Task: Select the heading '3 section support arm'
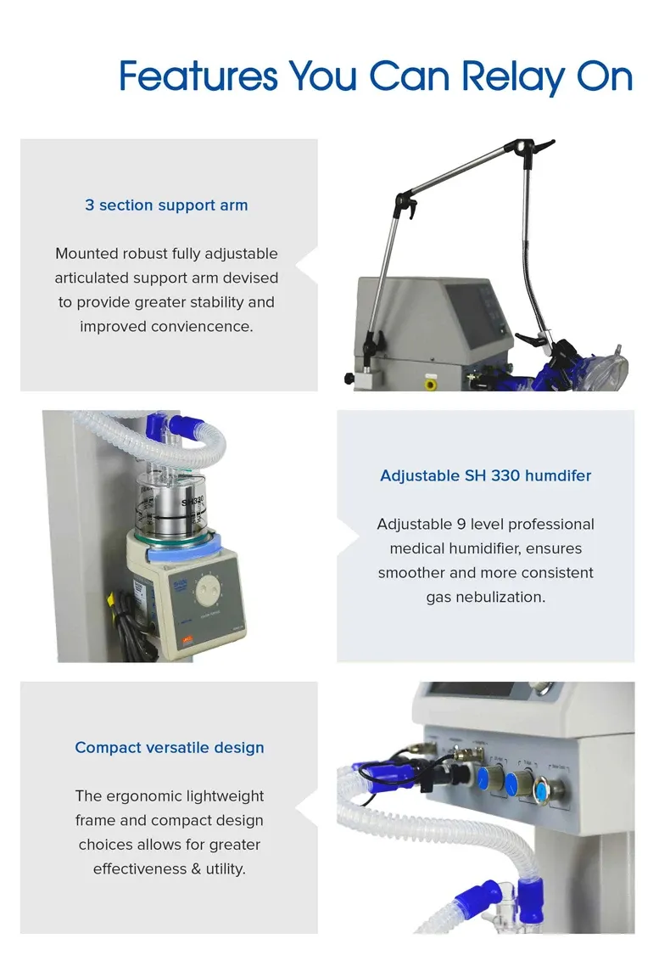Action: [x=166, y=205]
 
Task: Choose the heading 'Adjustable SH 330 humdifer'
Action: [x=485, y=475]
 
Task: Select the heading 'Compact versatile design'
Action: [x=169, y=748]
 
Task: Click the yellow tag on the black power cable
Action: [x=111, y=602]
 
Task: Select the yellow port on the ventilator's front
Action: [x=430, y=384]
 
